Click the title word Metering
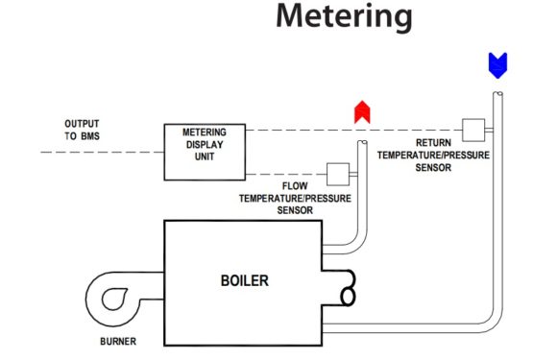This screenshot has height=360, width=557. [344, 17]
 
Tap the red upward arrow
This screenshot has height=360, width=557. [362, 112]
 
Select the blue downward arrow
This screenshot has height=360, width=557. [496, 65]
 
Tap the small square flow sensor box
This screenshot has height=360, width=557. [337, 173]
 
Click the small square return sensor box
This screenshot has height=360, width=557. [472, 129]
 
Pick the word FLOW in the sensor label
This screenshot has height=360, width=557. [296, 185]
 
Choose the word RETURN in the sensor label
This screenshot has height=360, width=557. [433, 141]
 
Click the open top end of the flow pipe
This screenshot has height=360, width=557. [362, 144]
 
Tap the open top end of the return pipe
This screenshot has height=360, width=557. [496, 94]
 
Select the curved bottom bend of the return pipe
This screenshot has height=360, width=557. [489, 323]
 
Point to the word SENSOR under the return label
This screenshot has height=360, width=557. [433, 165]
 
